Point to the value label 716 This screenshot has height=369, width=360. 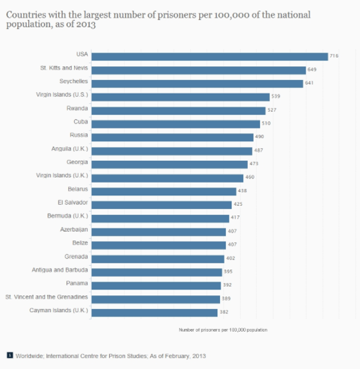click(x=333, y=56)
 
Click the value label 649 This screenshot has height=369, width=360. click(x=311, y=70)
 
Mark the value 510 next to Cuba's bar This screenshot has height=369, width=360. click(x=267, y=124)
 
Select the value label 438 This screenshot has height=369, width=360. click(x=242, y=191)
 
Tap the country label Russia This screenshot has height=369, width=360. click(x=79, y=135)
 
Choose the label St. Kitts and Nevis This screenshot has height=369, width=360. click(x=64, y=68)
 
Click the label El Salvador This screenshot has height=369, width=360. click(x=73, y=203)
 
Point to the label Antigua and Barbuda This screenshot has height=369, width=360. click(x=60, y=270)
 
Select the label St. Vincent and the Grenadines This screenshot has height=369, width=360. click(x=47, y=297)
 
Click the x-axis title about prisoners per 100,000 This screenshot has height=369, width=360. click(x=222, y=329)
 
